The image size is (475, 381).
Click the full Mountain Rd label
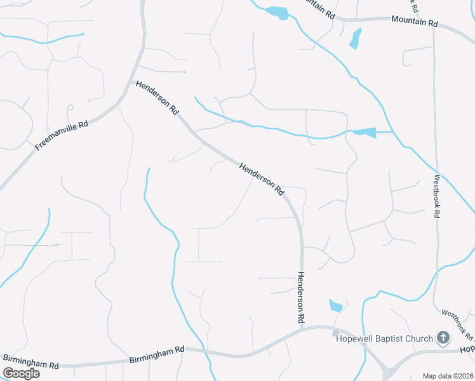415,22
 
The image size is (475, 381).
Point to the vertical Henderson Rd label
301,298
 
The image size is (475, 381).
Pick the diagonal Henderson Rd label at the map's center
262,178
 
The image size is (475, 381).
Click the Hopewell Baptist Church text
384,338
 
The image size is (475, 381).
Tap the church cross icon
443,338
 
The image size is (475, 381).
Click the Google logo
21,373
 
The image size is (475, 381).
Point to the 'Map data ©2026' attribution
448,376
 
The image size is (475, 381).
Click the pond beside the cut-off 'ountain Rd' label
277,13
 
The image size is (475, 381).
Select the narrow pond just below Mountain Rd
355,38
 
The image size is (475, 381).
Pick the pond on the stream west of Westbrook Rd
365,133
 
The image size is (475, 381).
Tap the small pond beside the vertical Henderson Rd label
335,306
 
